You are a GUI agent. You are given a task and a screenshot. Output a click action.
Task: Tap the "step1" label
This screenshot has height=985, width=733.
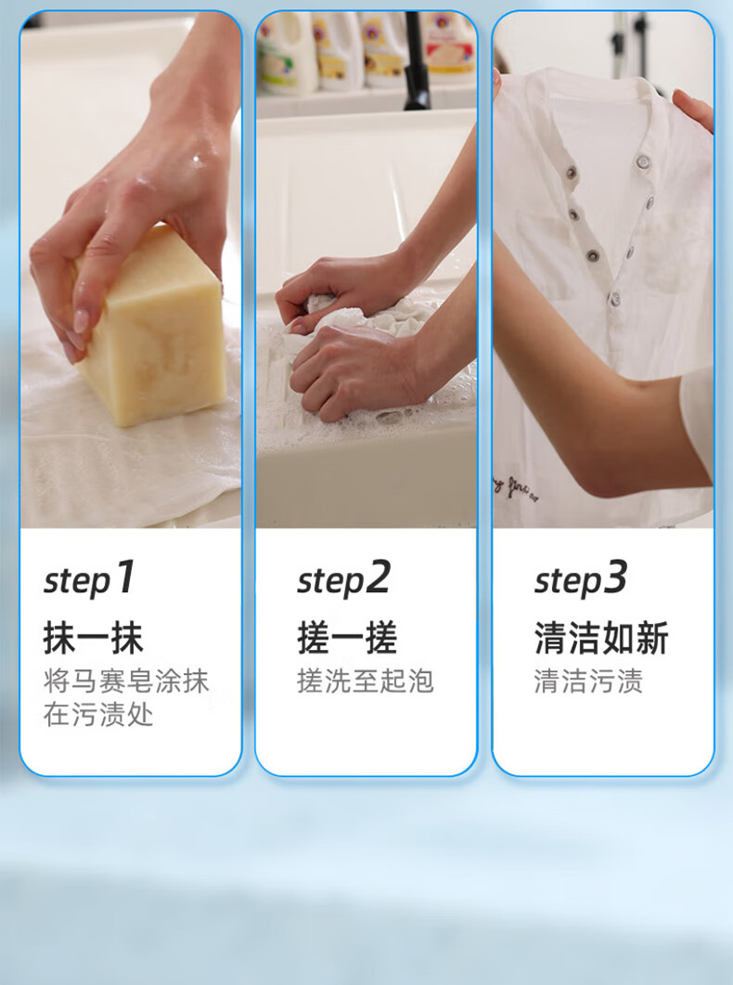click(x=89, y=578)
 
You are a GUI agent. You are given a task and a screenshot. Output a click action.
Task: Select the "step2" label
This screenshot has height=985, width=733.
click(x=344, y=578)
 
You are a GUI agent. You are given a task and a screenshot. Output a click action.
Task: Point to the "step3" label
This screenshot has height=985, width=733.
click(x=581, y=578)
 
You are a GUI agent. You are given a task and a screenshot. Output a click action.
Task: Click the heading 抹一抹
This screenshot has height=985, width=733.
click(x=94, y=638)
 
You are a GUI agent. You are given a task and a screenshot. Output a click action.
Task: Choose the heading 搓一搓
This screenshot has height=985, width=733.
click(x=347, y=638)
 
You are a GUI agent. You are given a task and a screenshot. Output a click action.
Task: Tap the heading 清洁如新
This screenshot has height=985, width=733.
click(x=601, y=638)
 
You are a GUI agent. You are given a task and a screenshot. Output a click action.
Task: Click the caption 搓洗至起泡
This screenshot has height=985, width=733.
click(x=366, y=681)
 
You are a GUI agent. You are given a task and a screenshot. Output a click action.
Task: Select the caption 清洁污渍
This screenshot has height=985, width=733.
click(x=588, y=681)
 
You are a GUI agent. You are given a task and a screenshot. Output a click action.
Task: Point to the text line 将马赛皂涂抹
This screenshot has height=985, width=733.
click(x=126, y=681)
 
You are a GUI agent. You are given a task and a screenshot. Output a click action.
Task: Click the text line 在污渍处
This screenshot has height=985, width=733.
click(x=98, y=715)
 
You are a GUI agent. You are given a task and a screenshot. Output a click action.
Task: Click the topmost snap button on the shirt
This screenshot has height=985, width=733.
click(x=643, y=162)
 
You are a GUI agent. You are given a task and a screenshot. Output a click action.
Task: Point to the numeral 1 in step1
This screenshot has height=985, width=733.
click(x=125, y=577)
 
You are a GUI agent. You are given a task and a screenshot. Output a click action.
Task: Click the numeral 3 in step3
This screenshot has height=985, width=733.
click(x=615, y=577)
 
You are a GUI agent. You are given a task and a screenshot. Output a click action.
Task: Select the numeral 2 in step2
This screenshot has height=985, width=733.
click(x=379, y=577)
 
